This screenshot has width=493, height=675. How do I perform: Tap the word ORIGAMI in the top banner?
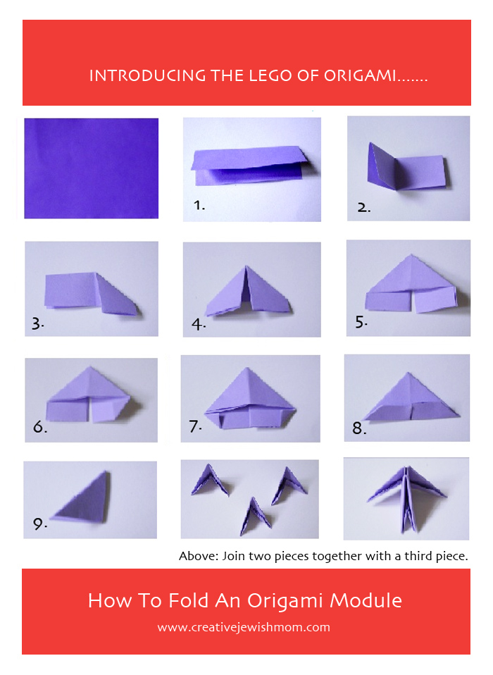pyautogui.click(x=360, y=76)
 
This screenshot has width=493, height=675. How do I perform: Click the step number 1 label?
pyautogui.click(x=199, y=205)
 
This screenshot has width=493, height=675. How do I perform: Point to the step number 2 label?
pyautogui.click(x=363, y=207)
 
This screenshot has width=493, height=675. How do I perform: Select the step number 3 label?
pyautogui.click(x=38, y=323)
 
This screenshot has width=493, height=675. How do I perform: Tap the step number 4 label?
pyautogui.click(x=199, y=324)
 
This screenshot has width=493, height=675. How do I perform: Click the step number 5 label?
pyautogui.click(x=361, y=321)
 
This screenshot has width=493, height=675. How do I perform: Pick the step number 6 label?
pyautogui.click(x=40, y=426)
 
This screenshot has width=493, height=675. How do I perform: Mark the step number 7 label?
pyautogui.click(x=195, y=426)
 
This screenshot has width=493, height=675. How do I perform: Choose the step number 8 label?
pyautogui.click(x=359, y=428)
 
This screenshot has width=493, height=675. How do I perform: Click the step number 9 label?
pyautogui.click(x=39, y=524)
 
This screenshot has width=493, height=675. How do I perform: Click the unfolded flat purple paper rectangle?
pyautogui.click(x=91, y=168)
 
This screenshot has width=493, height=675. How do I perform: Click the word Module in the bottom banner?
pyautogui.click(x=366, y=600)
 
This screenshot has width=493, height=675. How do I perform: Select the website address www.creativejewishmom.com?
pyautogui.click(x=244, y=627)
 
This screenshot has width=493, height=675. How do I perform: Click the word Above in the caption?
pyautogui.click(x=199, y=556)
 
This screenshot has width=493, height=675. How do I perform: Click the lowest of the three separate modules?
pyautogui.click(x=256, y=516)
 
